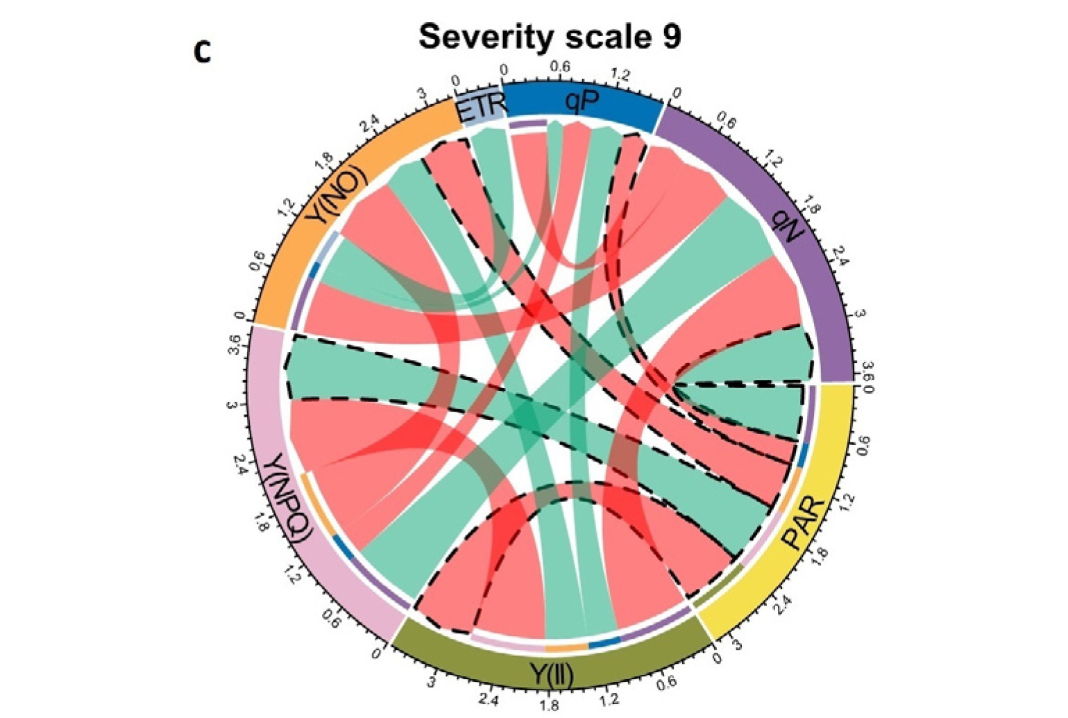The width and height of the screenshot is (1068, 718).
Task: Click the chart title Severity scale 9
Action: point(550,36)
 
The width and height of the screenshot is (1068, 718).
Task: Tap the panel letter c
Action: point(202,52)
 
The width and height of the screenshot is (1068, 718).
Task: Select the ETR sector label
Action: point(480,108)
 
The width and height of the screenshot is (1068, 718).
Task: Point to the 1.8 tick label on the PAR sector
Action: point(821,556)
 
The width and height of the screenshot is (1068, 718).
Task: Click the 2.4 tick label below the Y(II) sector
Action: point(489,699)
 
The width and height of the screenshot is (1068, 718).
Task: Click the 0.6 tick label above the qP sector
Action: point(560,67)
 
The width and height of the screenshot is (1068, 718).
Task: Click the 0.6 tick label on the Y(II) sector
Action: point(667,683)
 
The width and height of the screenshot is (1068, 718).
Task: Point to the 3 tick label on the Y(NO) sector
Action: point(420,94)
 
